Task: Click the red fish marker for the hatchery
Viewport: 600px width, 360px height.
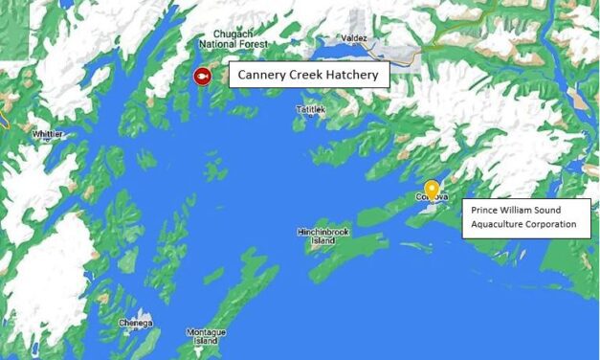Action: [202, 76]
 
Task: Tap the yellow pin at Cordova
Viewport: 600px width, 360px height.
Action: [432, 190]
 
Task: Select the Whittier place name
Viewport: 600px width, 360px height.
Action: [47, 135]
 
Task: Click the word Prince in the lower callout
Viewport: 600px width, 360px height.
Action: [482, 210]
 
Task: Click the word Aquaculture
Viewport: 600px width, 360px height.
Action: [496, 224]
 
